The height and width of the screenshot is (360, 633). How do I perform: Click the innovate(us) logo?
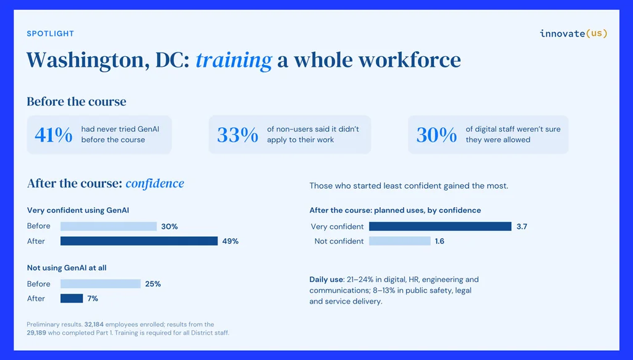pyautogui.click(x=573, y=33)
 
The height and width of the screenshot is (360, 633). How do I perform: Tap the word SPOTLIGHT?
pyautogui.click(x=51, y=33)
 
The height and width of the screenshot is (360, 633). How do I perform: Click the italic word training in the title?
pyautogui.click(x=234, y=61)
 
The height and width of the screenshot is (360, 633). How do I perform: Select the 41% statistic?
pyautogui.click(x=54, y=135)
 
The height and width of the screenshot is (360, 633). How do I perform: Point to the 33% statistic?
pyautogui.click(x=237, y=135)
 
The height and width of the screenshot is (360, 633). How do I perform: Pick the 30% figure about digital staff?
pyautogui.click(x=437, y=135)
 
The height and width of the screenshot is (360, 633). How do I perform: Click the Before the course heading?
pyautogui.click(x=76, y=101)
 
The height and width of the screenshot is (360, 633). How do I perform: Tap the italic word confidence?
pyautogui.click(x=155, y=184)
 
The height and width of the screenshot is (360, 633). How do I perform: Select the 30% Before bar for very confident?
pyautogui.click(x=109, y=226)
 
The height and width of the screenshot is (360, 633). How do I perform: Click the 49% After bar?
pyautogui.click(x=139, y=241)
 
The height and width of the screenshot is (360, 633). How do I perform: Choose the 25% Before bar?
pyautogui.click(x=101, y=284)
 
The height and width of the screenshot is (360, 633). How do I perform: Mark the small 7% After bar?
pyautogui.click(x=72, y=299)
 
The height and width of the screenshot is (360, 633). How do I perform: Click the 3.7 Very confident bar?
pyautogui.click(x=440, y=226)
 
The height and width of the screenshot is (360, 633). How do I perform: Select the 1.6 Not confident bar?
pyautogui.click(x=400, y=241)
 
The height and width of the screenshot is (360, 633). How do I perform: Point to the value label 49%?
pyautogui.click(x=230, y=241)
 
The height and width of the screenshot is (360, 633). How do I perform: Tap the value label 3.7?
pyautogui.click(x=522, y=226)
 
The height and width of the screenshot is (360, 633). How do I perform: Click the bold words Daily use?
pyautogui.click(x=326, y=280)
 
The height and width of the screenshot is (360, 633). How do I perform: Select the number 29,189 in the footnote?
pyautogui.click(x=36, y=333)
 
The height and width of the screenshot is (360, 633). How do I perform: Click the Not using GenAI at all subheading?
pyautogui.click(x=67, y=268)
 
